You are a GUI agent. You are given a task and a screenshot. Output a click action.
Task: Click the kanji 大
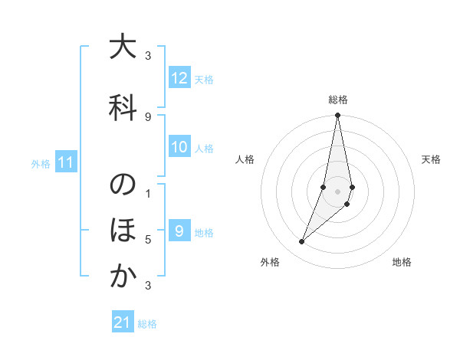123,47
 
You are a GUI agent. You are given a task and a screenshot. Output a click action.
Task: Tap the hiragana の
123,185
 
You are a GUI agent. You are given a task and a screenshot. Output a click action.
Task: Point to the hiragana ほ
123,231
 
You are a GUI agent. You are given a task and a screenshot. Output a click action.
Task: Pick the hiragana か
123,277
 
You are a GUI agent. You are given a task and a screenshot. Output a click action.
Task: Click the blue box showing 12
179,78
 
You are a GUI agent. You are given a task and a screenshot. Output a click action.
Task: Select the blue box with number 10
179,148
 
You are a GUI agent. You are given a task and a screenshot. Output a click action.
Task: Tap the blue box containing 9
179,231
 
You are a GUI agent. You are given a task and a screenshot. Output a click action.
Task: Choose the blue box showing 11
66,162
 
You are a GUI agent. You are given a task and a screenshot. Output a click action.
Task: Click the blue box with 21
123,323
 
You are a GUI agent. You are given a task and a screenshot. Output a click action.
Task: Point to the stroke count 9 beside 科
148,117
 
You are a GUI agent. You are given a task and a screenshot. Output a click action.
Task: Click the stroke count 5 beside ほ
148,240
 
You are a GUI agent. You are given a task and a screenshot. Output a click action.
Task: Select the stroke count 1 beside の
148,193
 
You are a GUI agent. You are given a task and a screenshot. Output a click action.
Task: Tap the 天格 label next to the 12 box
204,79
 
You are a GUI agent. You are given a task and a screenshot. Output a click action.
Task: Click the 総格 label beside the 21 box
147,324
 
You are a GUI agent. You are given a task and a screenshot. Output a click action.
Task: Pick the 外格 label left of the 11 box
41,163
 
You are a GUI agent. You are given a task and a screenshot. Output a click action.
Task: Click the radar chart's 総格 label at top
338,100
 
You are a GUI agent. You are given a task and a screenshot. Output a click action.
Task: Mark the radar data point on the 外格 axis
302,242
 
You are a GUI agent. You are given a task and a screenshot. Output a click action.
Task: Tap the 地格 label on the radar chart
402,263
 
